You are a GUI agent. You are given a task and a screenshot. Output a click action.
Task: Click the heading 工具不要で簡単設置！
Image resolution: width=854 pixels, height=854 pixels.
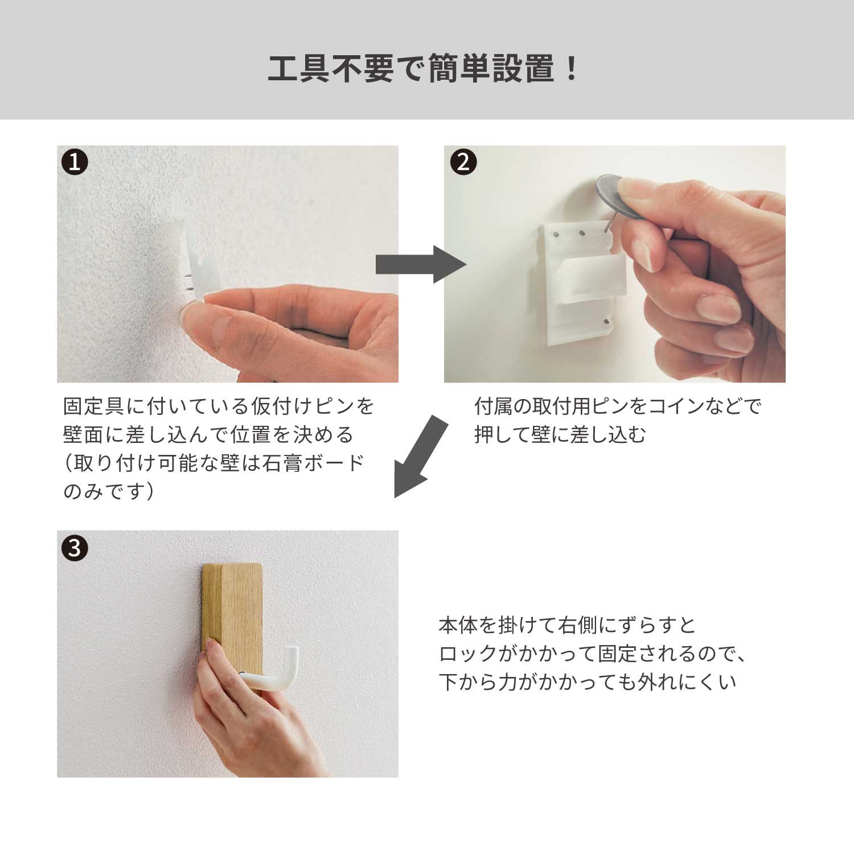pos(424,69)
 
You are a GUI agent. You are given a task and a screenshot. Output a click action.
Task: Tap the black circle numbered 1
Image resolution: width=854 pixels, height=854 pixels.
pos(75,162)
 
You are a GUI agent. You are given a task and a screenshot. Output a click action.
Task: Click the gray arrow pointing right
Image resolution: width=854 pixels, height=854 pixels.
pos(421,264)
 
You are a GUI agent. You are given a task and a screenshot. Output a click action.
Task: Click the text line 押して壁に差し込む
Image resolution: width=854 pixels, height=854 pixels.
pos(560,435)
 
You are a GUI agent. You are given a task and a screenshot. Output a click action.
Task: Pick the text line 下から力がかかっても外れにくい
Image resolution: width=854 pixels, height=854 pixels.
pos(588,682)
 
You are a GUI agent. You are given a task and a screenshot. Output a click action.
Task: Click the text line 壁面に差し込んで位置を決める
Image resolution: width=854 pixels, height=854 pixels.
pos(208,435)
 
